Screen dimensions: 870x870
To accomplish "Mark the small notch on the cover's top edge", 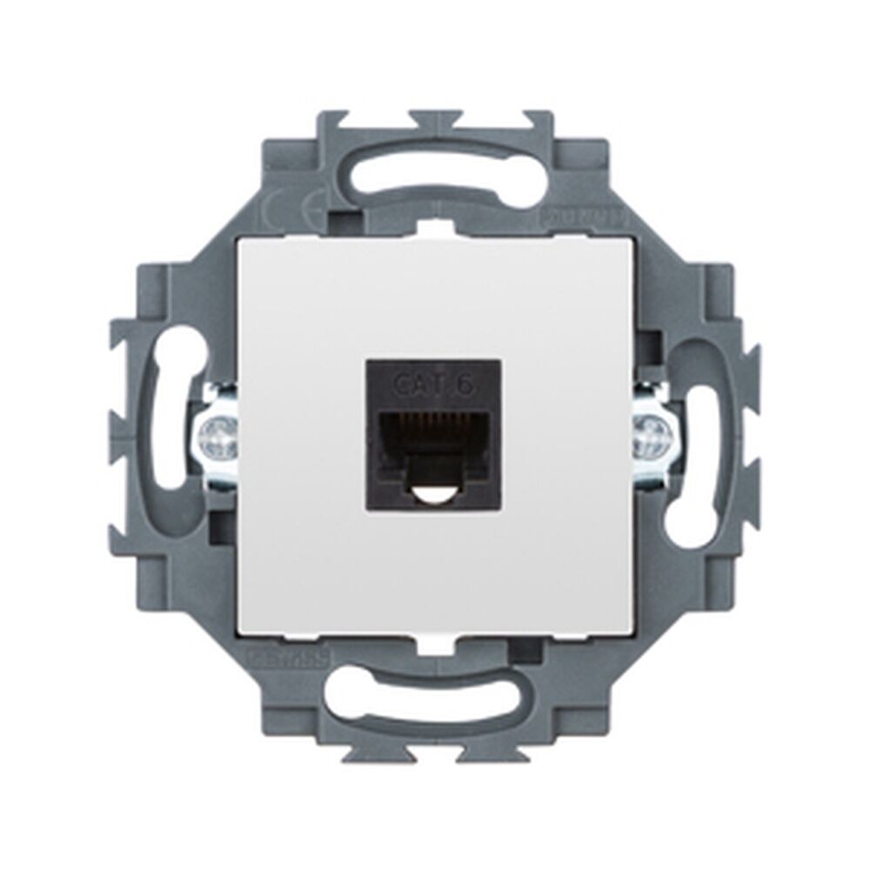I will tap(434, 231).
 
